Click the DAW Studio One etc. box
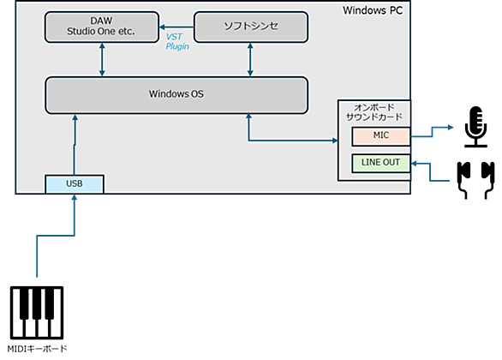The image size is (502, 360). (102, 27)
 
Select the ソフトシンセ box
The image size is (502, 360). (251, 27)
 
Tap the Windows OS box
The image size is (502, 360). (176, 95)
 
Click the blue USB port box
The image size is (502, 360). (75, 184)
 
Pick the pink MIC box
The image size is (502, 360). (381, 136)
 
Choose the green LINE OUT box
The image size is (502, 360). (381, 164)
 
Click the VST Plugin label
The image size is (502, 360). (177, 42)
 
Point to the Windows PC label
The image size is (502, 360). (373, 10)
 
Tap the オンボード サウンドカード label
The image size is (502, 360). (374, 112)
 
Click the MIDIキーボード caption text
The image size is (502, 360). (37, 349)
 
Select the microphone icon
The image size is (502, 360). (476, 127)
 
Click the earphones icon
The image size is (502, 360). (475, 180)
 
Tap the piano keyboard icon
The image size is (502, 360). (37, 313)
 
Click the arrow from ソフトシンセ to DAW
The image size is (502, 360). (176, 27)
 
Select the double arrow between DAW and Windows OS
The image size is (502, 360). (102, 60)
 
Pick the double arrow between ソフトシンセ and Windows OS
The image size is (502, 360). (250, 60)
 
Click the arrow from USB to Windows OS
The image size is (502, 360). (75, 145)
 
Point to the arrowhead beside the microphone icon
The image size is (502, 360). (451, 128)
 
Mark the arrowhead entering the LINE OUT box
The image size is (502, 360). (414, 164)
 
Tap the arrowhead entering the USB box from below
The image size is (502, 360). (75, 197)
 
